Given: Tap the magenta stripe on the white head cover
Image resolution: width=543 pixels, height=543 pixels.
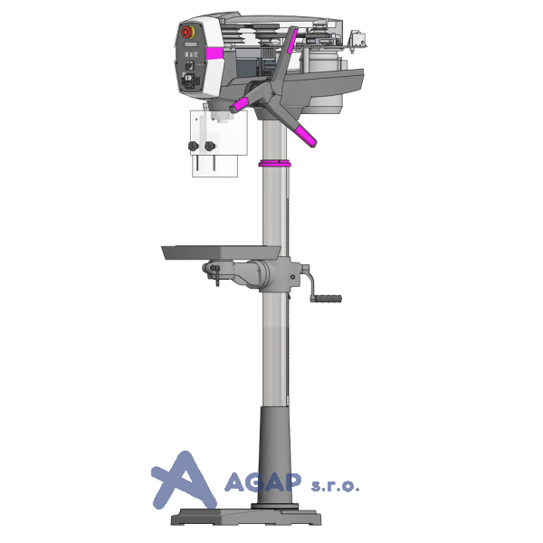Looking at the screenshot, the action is (x=214, y=53).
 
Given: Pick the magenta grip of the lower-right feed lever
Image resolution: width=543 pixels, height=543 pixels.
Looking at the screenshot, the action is (x=306, y=136).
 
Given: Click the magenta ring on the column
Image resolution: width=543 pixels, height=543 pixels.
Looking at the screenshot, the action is (x=274, y=164).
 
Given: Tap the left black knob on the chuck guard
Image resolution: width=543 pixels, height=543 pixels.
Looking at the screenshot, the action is (x=194, y=146).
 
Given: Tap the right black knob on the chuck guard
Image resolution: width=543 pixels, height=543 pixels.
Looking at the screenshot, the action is (x=210, y=146).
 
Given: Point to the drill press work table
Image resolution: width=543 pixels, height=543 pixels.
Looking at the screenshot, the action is (x=222, y=252).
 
